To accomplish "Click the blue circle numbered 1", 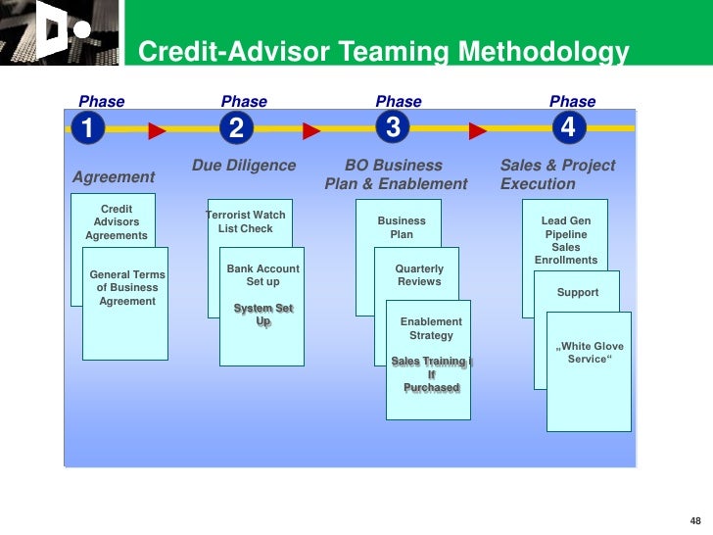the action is [x=86, y=128].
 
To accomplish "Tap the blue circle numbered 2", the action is [x=236, y=128].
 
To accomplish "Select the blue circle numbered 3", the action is [x=393, y=128].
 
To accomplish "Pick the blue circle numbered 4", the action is [x=568, y=128].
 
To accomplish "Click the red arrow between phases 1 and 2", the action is [x=157, y=130].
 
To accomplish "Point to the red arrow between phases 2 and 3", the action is [x=311, y=130].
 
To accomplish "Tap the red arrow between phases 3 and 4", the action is [x=478, y=130].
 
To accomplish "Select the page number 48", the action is [x=695, y=519].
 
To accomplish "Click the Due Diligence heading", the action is [x=244, y=166].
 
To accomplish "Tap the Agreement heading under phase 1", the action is [x=114, y=177].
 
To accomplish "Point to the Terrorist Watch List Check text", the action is [x=246, y=221].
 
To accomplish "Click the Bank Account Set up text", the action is [x=262, y=275].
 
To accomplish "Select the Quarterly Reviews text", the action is [x=419, y=275].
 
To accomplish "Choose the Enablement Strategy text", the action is [x=431, y=328].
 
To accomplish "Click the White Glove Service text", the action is [x=590, y=353].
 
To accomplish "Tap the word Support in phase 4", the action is [x=578, y=293].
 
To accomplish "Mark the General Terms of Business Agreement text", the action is [x=127, y=288].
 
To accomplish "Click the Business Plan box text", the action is [x=402, y=227].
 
